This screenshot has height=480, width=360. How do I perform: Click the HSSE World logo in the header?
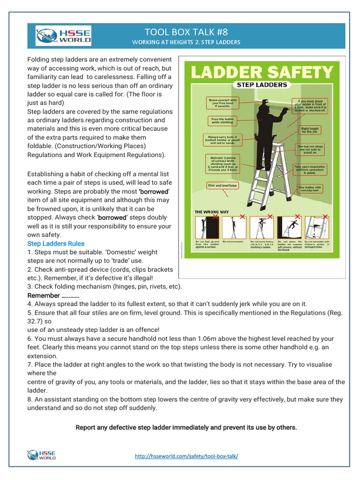63,36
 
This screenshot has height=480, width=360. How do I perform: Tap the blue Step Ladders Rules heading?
56,243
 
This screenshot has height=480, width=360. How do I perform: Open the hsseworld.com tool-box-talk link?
186,456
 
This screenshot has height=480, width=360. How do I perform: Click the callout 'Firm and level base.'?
223,186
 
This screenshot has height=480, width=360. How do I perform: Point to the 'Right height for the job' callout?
310,130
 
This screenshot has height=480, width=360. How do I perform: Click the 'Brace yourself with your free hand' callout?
223,102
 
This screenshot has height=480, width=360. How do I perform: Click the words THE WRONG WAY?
212,212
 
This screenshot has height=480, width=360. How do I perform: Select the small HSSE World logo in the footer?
42,455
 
